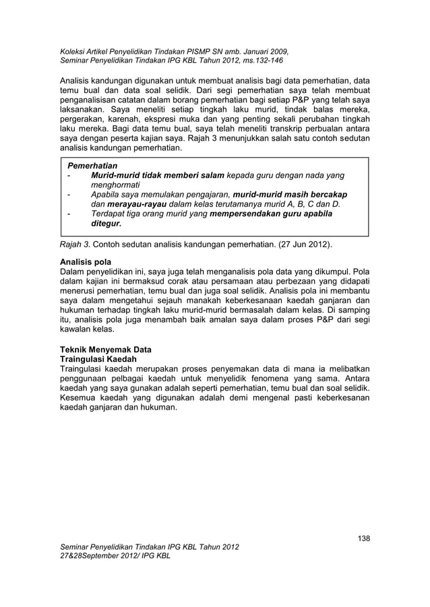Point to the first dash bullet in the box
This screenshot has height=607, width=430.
click(x=69, y=176)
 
